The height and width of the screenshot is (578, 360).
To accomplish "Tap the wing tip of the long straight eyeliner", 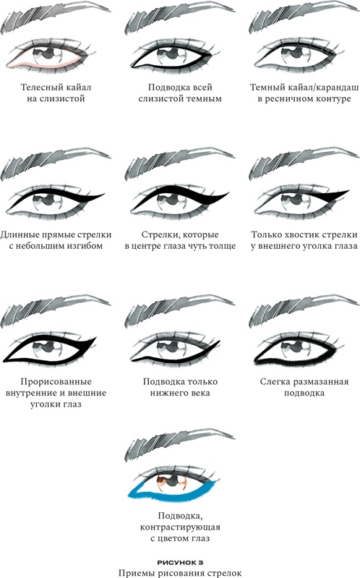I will click(x=101, y=193).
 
